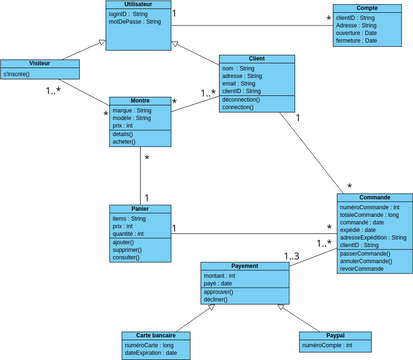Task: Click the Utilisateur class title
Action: pyautogui.click(x=139, y=6)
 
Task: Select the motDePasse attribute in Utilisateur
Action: pyautogui.click(x=134, y=21)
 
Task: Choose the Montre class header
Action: pyautogui.click(x=139, y=100)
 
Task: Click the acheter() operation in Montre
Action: pyautogui.click(x=124, y=141)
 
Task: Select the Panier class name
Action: pyautogui.click(x=140, y=208)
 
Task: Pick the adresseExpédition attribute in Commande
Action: pyautogui.click(x=373, y=237)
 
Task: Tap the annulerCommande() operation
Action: pyautogui.click(x=366, y=261)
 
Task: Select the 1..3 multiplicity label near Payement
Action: pyautogui.click(x=292, y=258)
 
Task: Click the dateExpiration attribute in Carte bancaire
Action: pyautogui.click(x=150, y=353)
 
